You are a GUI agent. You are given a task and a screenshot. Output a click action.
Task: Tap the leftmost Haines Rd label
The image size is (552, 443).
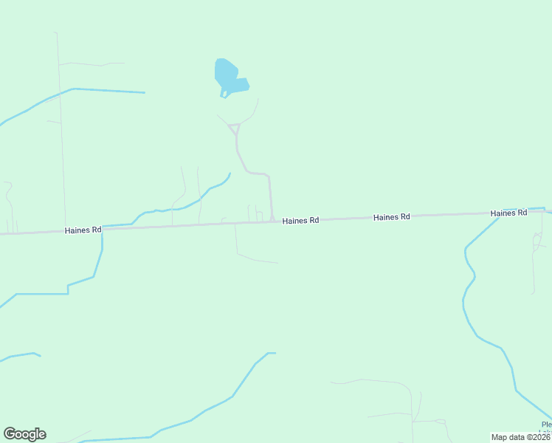pos(83,230)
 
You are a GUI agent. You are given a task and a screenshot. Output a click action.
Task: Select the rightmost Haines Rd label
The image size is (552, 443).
pos(508,213)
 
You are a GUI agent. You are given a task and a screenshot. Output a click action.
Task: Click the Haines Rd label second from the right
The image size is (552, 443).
pos(391,217)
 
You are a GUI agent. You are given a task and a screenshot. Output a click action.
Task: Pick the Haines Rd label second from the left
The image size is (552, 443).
pos(300,221)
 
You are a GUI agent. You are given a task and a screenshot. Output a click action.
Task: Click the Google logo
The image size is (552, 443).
pos(24,434)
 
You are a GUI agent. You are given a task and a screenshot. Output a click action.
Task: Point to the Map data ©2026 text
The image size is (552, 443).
pos(521,437)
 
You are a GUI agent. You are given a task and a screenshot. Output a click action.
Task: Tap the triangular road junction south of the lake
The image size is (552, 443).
pos(235,129)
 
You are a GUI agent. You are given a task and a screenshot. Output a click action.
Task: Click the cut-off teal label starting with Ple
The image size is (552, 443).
pos(546,425)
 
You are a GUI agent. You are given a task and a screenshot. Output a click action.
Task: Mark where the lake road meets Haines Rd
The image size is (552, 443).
pos(272,220)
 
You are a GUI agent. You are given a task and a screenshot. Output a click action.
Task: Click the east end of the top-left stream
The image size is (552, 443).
pos(144,92)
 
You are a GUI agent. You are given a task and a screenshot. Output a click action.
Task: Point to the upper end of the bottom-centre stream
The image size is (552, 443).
pos(273,353)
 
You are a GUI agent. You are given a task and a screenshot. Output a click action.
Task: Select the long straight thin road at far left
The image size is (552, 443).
pos(61,133)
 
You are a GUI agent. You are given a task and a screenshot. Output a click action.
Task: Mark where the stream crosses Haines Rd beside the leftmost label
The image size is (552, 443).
pos(102,229)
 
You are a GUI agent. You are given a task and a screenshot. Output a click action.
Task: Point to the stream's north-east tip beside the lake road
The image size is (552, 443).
pos(230,174)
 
